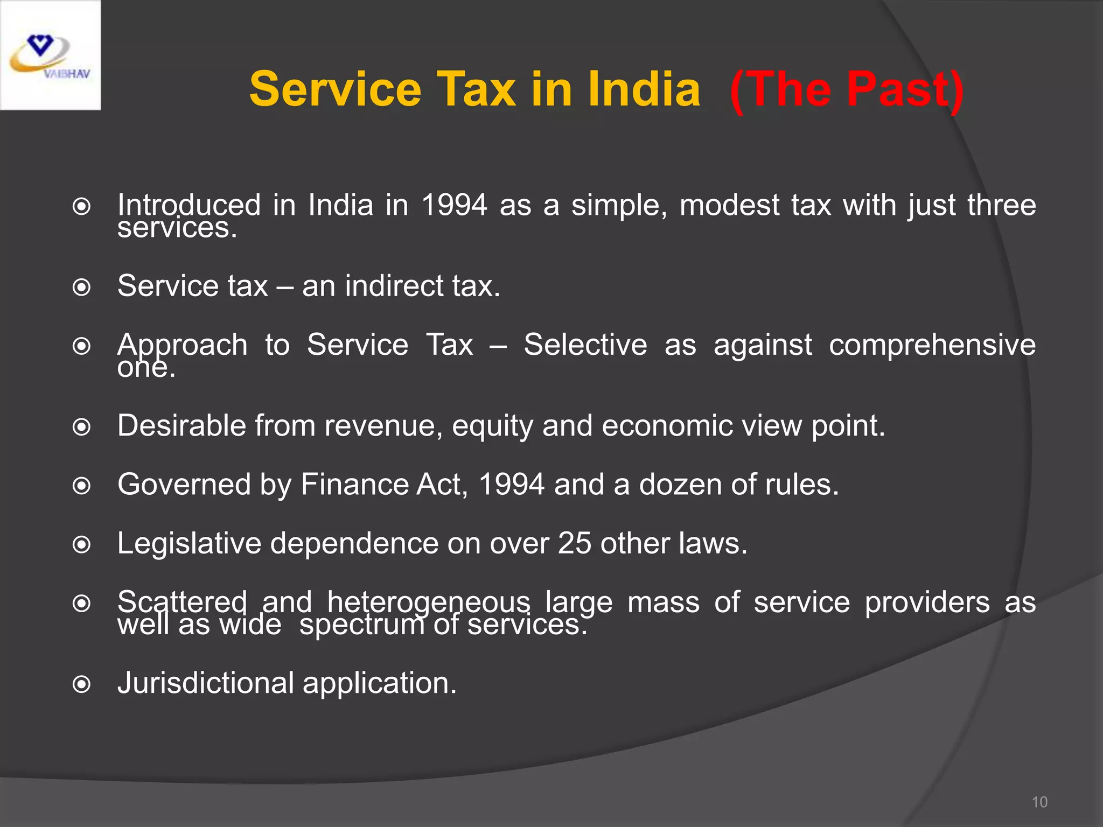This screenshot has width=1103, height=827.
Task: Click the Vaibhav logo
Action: pos(50,55)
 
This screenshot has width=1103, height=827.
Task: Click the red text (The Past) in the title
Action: pos(847,90)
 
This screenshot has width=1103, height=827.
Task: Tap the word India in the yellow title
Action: pos(644,90)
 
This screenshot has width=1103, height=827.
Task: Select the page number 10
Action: pos(1039,802)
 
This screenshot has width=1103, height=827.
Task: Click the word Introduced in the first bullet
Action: pos(189,206)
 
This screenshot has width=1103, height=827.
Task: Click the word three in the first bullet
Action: pos(1001,206)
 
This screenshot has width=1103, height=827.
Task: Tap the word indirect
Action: pos(394,286)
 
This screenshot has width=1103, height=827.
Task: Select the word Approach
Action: pos(182,345)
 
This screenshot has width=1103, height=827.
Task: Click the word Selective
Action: pos(585,345)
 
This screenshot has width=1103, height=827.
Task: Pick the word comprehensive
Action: pos(932,345)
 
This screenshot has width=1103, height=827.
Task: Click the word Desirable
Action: pos(181,426)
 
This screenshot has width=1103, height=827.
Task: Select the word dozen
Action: pos(680,485)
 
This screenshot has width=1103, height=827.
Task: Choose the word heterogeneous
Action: pos(429,602)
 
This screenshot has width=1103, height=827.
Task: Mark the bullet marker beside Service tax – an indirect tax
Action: pos(81,288)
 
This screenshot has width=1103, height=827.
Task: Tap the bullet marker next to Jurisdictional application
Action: pos(81,685)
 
